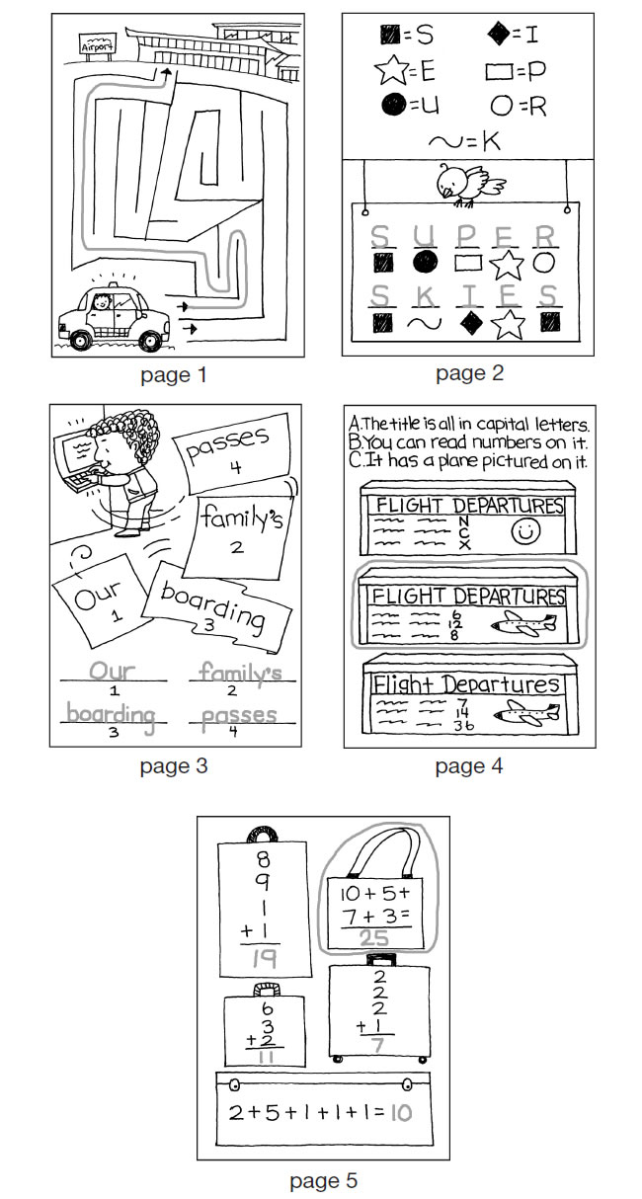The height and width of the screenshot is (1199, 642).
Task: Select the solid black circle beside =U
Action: pyautogui.click(x=389, y=104)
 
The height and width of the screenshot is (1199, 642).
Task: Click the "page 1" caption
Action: pyautogui.click(x=174, y=375)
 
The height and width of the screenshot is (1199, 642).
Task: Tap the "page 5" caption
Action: pyautogui.click(x=323, y=1180)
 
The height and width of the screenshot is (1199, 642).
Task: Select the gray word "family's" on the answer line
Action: pyautogui.click(x=240, y=673)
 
